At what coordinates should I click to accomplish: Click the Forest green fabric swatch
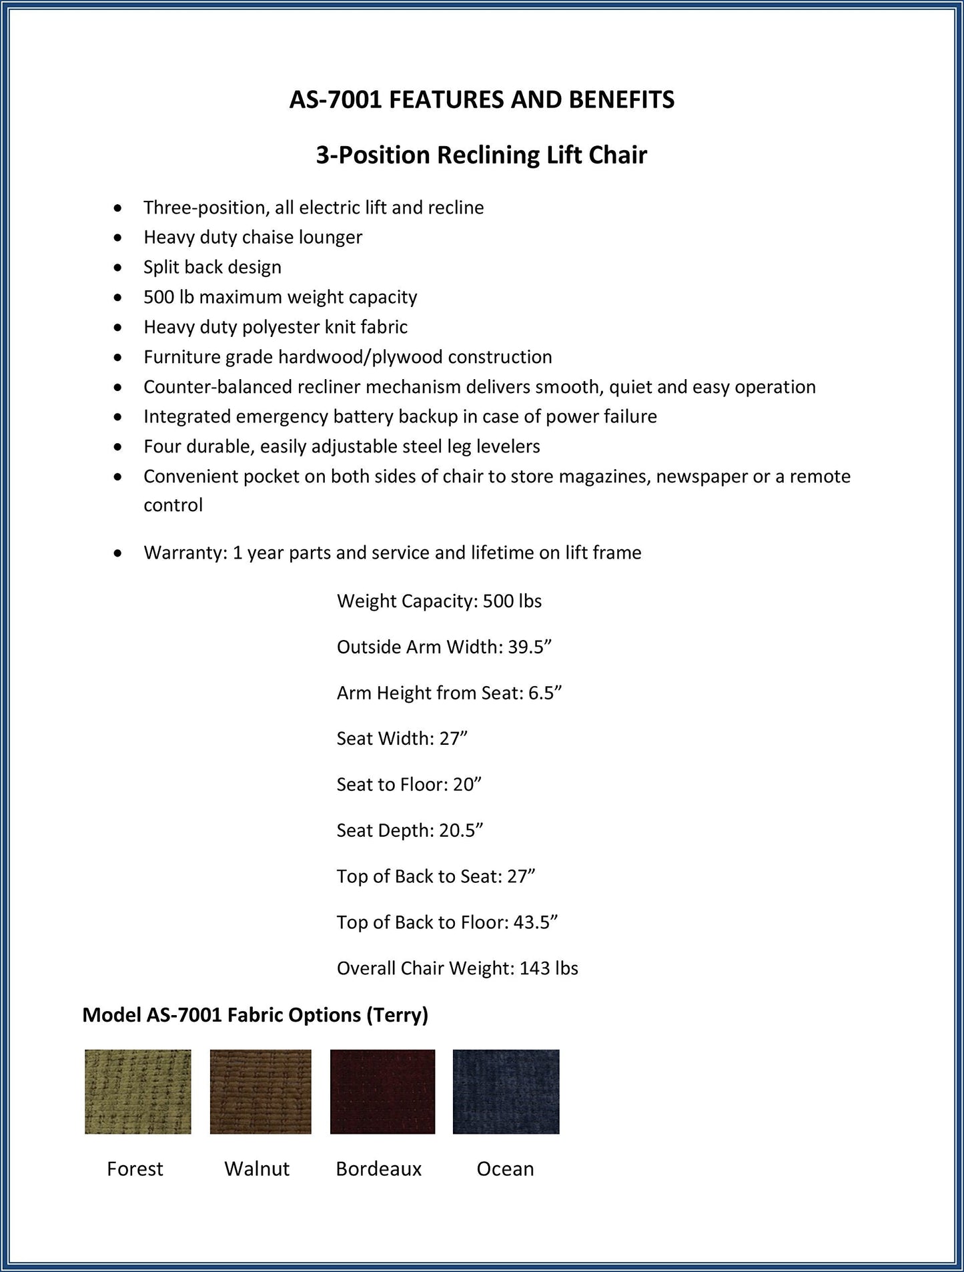click(137, 1091)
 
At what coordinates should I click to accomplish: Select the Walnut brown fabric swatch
click(260, 1091)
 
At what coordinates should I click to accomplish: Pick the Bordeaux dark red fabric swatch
click(382, 1091)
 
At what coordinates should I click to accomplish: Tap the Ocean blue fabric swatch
click(506, 1091)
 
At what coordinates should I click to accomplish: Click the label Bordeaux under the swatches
click(378, 1169)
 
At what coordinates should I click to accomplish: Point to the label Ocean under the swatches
click(505, 1169)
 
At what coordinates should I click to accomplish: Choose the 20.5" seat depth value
click(460, 830)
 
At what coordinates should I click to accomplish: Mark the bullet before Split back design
click(118, 268)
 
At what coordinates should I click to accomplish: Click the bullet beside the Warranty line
click(118, 553)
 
